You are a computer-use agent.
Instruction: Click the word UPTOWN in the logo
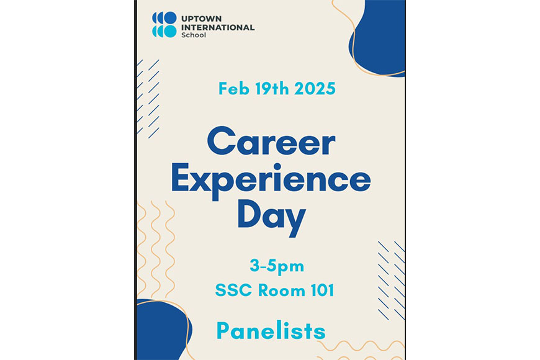201,19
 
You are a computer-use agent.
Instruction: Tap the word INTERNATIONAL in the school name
218,27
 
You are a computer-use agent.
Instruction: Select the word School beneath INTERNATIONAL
194,35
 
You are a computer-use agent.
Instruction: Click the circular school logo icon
164,24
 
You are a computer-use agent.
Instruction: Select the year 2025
315,89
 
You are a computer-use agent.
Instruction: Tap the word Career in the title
271,141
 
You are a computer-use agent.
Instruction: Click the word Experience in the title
271,181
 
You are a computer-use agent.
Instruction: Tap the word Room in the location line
281,290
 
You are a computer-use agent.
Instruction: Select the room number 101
322,290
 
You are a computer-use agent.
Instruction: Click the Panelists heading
271,330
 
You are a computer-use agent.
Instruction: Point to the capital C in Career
222,141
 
